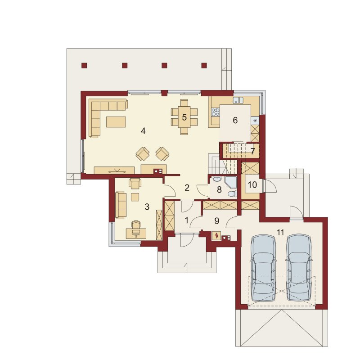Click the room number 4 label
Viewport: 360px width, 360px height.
(143, 131)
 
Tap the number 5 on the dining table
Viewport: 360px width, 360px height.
(184, 117)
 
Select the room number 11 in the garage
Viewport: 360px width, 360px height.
(280, 232)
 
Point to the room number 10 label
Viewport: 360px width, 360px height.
(252, 184)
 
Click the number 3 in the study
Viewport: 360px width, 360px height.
(147, 207)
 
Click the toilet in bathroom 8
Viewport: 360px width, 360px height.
(233, 194)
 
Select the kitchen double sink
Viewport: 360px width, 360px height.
(238, 100)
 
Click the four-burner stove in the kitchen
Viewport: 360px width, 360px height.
(216, 112)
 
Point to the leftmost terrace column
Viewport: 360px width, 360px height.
(84, 65)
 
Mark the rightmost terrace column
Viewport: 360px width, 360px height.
(204, 65)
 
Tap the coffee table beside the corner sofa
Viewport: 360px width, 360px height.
(116, 121)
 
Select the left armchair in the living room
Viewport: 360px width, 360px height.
(143, 153)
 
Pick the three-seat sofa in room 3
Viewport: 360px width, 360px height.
(121, 205)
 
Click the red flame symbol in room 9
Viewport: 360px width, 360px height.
(216, 235)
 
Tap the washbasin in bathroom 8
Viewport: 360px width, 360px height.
(216, 179)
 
